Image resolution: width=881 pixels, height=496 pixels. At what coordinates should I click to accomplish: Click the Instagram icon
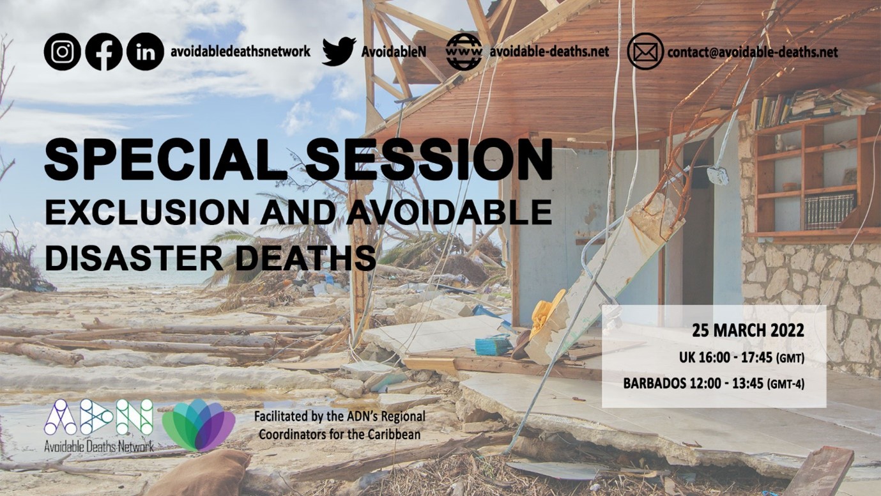(x=62, y=52)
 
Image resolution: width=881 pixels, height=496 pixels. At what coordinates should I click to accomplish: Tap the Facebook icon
(x=104, y=52)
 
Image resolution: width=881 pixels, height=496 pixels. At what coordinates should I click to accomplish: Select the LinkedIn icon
(x=145, y=52)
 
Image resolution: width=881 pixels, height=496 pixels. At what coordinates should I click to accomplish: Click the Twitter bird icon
(x=339, y=51)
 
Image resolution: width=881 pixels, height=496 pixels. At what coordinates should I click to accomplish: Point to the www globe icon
(x=464, y=52)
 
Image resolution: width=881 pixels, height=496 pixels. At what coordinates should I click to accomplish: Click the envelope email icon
(x=645, y=52)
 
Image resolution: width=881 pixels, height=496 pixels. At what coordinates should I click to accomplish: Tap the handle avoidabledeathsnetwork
(x=240, y=52)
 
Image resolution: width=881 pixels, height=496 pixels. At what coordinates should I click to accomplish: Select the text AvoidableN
(x=394, y=52)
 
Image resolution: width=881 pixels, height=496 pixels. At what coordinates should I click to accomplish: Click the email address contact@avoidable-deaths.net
(x=753, y=52)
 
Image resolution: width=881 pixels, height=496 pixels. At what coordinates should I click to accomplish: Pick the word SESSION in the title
(x=429, y=160)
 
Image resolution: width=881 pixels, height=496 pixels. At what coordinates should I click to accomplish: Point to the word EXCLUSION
(x=147, y=212)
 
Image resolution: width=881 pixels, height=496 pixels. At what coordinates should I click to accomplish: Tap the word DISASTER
(x=134, y=258)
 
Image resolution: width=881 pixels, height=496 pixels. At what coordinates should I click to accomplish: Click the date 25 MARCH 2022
(x=748, y=331)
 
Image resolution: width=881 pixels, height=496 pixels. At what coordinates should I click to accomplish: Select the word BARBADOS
(x=655, y=384)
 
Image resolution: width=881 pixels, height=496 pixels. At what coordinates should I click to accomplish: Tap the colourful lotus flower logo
(x=199, y=425)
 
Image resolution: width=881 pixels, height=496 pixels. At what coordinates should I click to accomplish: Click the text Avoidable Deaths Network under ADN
(x=99, y=446)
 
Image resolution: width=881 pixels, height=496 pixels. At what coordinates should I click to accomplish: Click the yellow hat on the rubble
(x=547, y=313)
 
